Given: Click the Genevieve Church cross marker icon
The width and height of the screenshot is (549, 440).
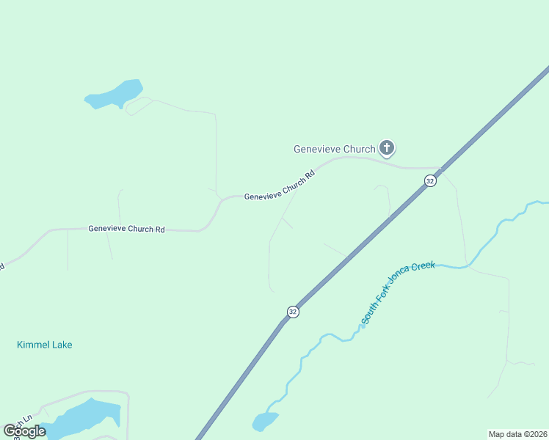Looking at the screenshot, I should click(387, 148).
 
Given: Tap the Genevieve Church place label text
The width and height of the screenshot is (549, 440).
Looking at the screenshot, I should click(334, 149).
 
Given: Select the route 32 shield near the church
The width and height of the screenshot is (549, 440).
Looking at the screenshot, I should click(431, 180).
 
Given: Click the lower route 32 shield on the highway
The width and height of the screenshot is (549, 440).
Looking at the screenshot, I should click(293, 312).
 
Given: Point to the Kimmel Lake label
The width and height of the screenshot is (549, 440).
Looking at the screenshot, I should click(45, 345).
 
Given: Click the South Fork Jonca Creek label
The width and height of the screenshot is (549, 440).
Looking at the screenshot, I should click(399, 293).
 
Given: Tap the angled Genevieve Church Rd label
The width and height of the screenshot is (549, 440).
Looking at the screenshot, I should click(280, 186).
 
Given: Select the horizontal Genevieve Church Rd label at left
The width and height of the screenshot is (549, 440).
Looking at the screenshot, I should click(126, 229).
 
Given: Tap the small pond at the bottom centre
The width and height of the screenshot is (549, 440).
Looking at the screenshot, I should click(264, 422).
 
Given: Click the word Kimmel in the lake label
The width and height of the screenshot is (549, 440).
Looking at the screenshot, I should click(32, 345).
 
